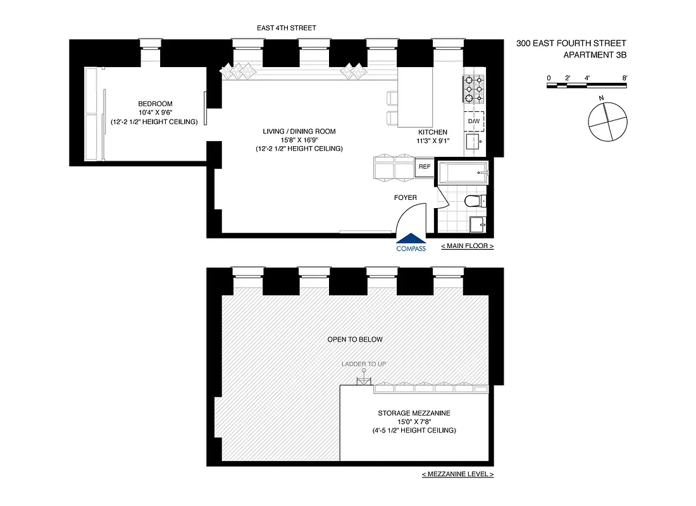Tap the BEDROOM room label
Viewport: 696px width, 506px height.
click(155, 104)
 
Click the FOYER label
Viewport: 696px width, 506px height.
click(406, 198)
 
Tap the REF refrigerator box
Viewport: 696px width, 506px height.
click(424, 167)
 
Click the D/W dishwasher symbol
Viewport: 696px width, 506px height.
click(474, 121)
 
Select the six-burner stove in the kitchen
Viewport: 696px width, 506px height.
click(474, 89)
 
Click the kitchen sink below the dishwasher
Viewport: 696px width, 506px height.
click(474, 143)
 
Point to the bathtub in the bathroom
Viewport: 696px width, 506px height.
click(463, 171)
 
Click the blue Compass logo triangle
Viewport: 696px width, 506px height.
click(411, 238)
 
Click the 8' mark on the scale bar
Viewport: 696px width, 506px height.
click(625, 78)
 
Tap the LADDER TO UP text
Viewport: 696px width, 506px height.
click(364, 364)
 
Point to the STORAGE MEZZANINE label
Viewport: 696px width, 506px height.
click(414, 413)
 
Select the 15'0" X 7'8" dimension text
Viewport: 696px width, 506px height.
click(414, 422)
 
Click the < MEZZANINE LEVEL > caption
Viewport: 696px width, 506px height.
click(457, 474)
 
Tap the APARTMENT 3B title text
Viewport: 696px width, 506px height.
click(594, 54)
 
